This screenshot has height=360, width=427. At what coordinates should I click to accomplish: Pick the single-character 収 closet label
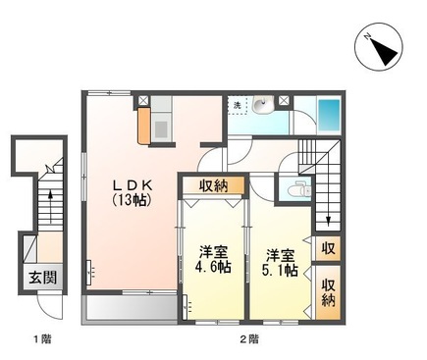tap(327, 249)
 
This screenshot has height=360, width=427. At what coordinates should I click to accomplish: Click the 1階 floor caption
tap(41, 339)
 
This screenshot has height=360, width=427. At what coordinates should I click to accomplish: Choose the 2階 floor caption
tap(248, 339)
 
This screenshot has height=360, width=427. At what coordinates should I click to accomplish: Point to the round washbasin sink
tap(260, 105)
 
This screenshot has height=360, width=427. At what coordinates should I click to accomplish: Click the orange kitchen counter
tap(145, 124)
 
